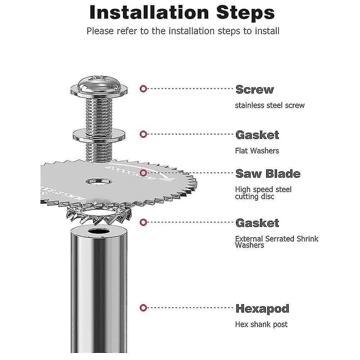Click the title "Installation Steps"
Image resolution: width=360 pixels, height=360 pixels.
tap(182, 12)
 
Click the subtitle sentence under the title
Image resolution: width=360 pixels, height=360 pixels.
tap(183, 31)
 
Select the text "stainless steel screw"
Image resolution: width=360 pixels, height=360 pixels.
tap(269, 105)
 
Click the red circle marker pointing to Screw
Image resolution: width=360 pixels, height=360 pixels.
tap(143, 88)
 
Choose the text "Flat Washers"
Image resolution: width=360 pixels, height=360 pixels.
tap(257, 151)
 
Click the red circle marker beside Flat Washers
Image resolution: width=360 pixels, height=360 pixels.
tap(143, 134)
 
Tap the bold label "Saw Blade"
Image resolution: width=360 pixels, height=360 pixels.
tap(268, 174)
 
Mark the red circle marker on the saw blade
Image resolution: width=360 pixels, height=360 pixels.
tap(143, 173)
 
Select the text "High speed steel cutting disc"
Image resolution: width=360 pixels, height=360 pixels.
tap(263, 193)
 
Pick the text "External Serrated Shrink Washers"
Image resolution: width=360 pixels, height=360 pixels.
tap(276, 242)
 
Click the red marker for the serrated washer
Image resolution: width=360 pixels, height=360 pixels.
tap(143, 222)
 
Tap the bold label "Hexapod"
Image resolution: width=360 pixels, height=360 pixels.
tap(262, 308)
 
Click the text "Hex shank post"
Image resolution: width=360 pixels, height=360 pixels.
tap(261, 324)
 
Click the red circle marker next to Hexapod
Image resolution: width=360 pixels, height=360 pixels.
tap(143, 307)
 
